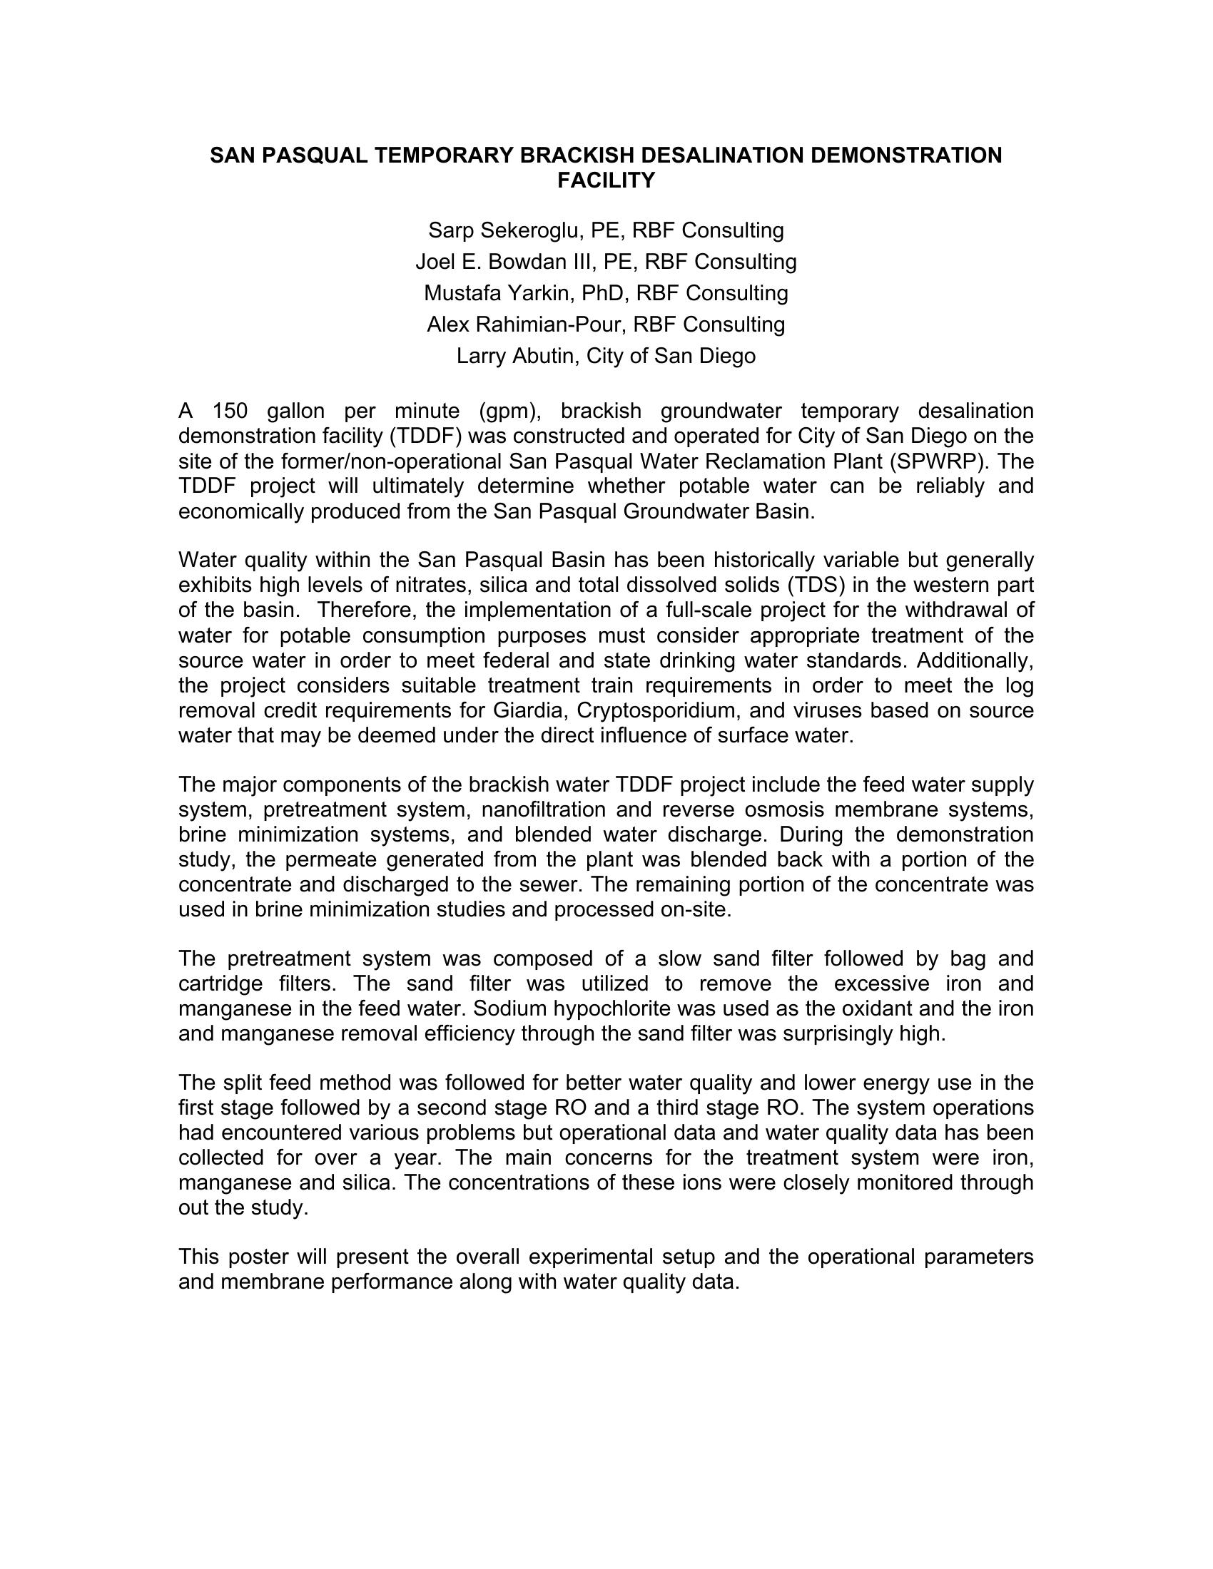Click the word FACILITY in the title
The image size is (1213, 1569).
606,180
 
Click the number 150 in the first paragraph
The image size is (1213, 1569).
230,411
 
